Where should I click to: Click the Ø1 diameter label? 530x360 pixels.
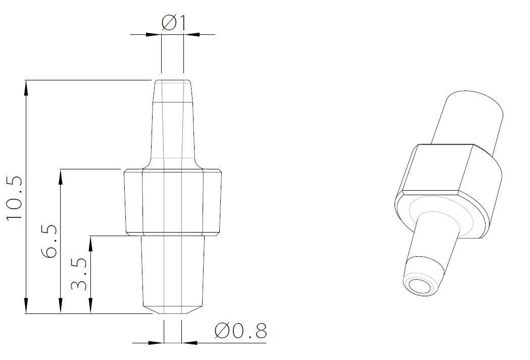pyautogui.click(x=174, y=23)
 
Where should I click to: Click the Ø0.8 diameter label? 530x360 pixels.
pyautogui.click(x=240, y=331)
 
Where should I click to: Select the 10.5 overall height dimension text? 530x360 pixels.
pyautogui.click(x=14, y=198)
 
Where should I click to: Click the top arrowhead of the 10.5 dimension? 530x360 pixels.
pyautogui.click(x=25, y=86)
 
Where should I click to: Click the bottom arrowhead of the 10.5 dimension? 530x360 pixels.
pyautogui.click(x=25, y=307)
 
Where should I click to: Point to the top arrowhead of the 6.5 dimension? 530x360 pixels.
pyautogui.click(x=60, y=175)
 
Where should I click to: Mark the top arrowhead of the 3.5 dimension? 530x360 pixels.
pyautogui.click(x=90, y=242)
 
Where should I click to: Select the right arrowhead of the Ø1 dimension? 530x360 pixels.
pyautogui.click(x=190, y=34)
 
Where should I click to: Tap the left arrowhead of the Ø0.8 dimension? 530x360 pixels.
pyautogui.click(x=157, y=342)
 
